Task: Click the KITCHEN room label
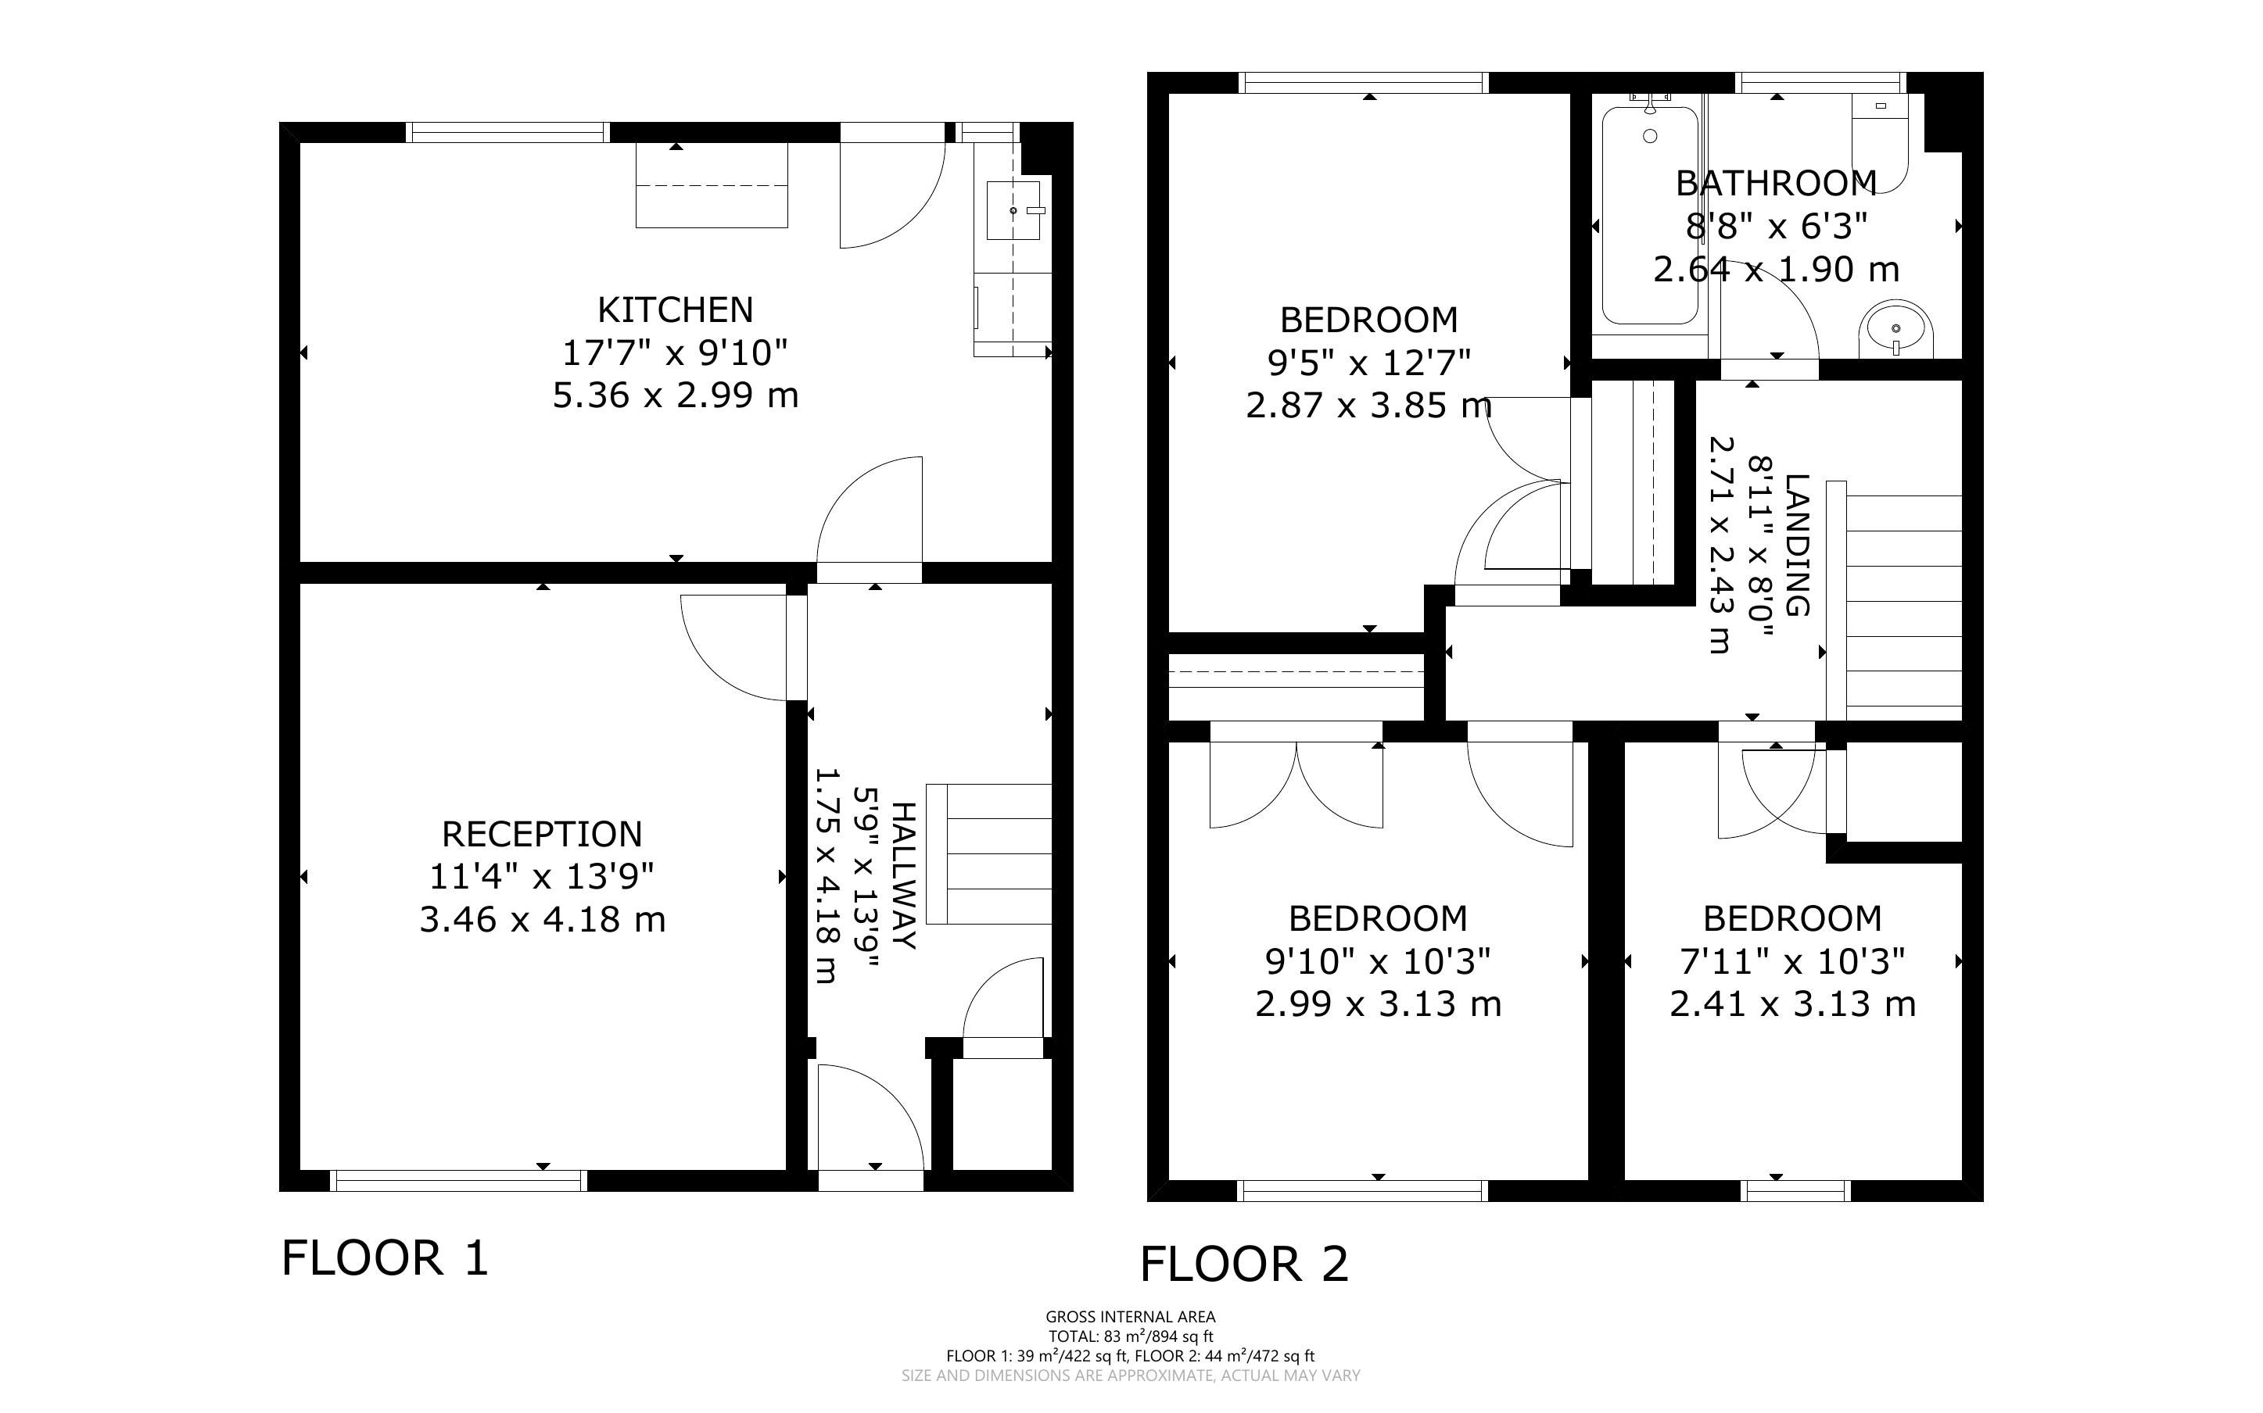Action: point(675,309)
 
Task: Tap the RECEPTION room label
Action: point(542,834)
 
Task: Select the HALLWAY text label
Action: point(904,875)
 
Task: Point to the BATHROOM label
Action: point(1775,183)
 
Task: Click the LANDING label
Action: point(1798,545)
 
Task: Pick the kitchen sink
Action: point(1013,210)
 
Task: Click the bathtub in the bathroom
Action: point(1650,216)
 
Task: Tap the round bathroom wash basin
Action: point(1895,329)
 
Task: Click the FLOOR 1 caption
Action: point(385,1258)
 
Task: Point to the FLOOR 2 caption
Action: point(1244,1265)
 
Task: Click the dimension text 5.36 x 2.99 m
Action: point(675,395)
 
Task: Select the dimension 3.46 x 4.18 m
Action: point(542,920)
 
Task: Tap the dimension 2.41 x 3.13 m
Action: point(1793,1003)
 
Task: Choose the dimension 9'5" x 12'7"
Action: point(1369,362)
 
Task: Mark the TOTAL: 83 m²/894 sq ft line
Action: point(1130,1336)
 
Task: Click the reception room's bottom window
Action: point(459,1181)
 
